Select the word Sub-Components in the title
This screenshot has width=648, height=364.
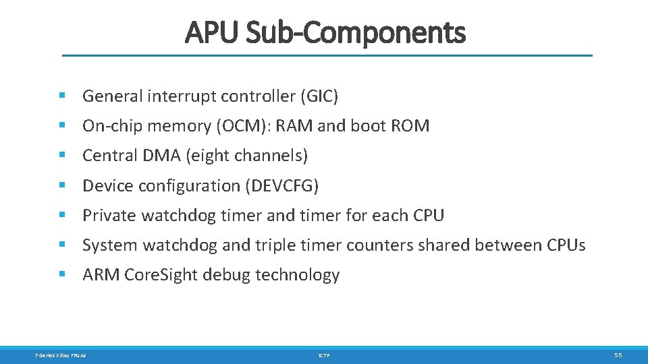tap(356, 32)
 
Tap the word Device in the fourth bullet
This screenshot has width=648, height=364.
tap(104, 185)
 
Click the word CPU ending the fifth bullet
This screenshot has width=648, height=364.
tap(427, 216)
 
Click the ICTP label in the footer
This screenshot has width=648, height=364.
tap(324, 355)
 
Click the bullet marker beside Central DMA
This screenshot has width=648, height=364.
tap(62, 156)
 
